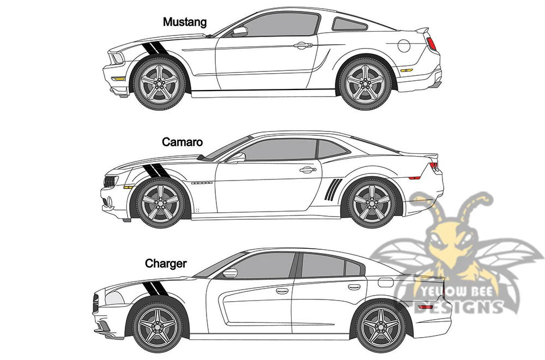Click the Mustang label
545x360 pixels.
(x=185, y=22)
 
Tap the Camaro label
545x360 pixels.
(x=182, y=142)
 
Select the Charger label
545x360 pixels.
(x=166, y=263)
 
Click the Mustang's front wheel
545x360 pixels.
(x=160, y=84)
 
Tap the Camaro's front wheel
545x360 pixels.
(x=161, y=203)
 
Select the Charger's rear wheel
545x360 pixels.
(x=380, y=326)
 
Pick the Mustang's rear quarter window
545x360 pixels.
(x=350, y=24)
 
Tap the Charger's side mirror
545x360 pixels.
(x=230, y=272)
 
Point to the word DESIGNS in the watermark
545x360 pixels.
(x=458, y=307)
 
